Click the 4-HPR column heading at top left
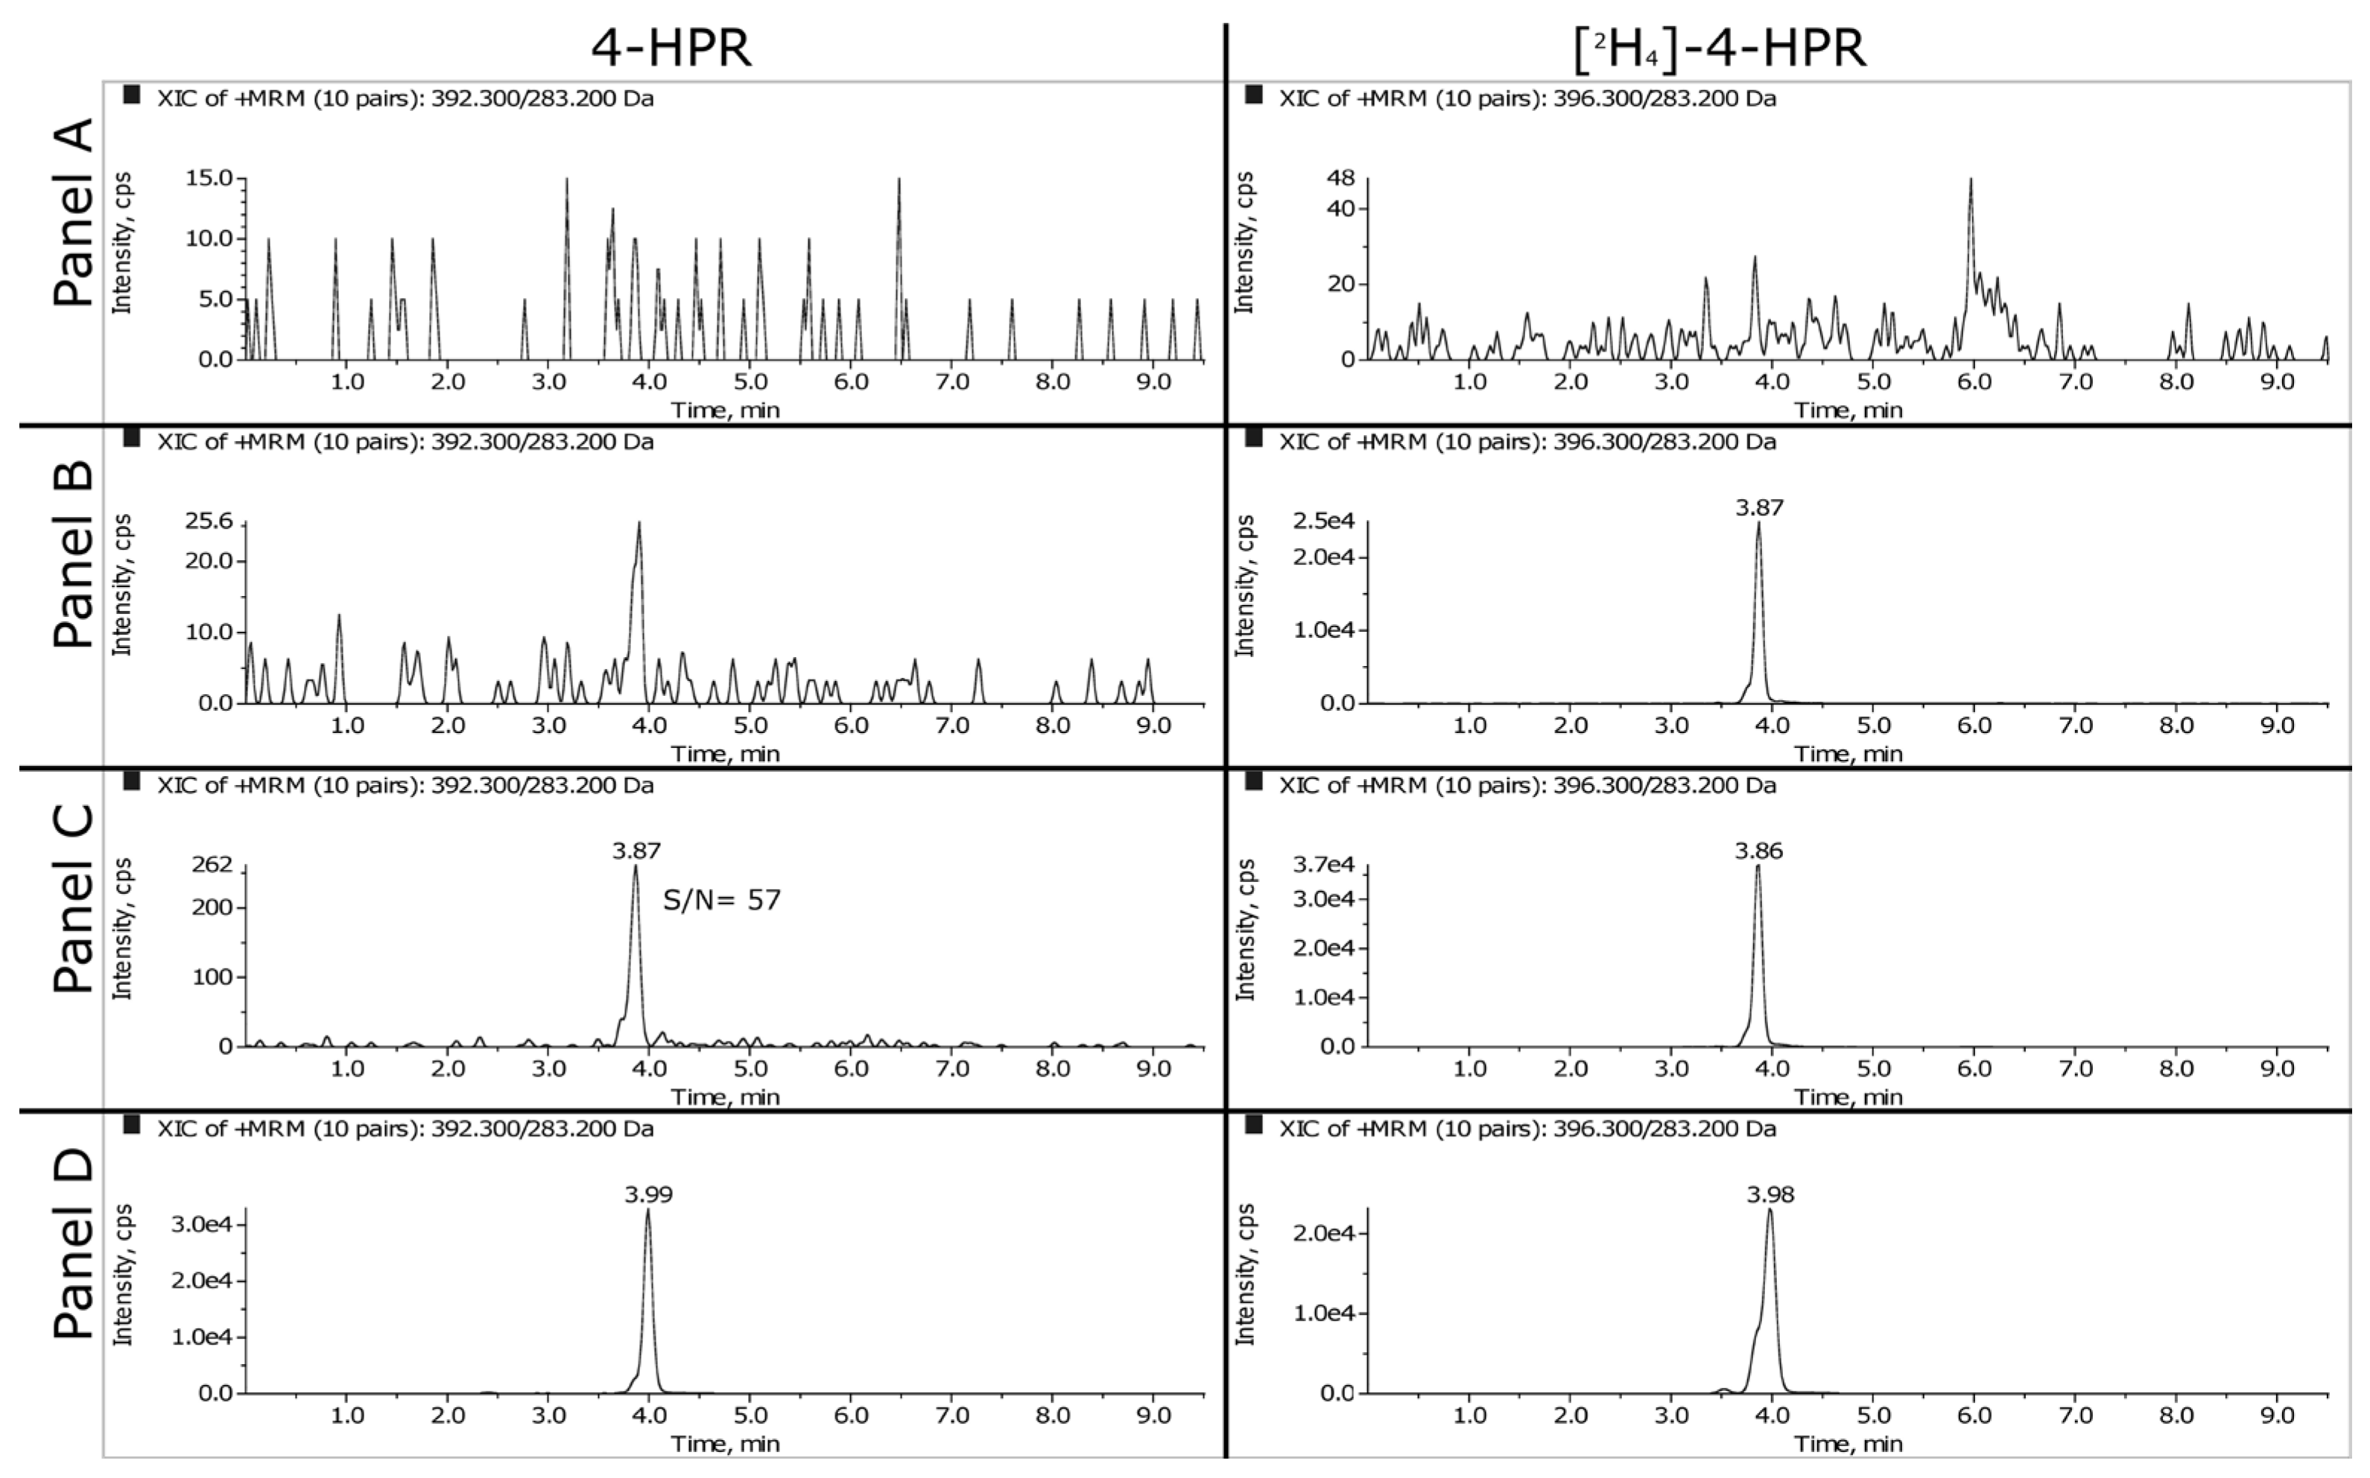(671, 48)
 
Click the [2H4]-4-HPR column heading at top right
(1720, 48)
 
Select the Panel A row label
(73, 213)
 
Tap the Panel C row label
(73, 899)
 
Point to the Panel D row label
(73, 1243)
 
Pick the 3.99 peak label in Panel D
(649, 1193)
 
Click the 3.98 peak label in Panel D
(1771, 1193)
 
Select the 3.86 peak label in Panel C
(1759, 851)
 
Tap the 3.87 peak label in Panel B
(1759, 507)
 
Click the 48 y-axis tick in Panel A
(1341, 179)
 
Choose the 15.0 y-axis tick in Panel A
(210, 178)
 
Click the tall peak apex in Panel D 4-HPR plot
(647, 1210)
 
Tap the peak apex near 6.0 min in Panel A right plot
(1971, 179)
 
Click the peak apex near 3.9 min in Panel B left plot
(639, 522)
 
